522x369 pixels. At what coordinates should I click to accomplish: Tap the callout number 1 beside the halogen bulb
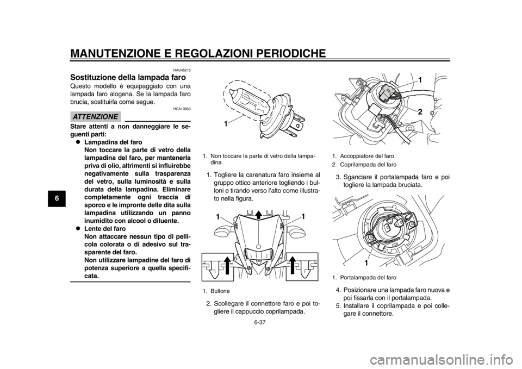tap(225, 124)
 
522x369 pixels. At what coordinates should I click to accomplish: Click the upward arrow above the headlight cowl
tap(259, 212)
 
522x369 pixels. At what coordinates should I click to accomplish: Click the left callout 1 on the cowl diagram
tap(217, 216)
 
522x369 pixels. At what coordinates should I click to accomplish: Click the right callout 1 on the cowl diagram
tap(302, 216)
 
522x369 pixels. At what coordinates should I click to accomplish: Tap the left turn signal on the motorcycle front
tap(221, 233)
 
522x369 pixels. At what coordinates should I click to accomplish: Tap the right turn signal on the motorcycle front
tap(297, 233)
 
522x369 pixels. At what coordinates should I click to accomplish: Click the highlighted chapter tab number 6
tap(57, 199)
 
